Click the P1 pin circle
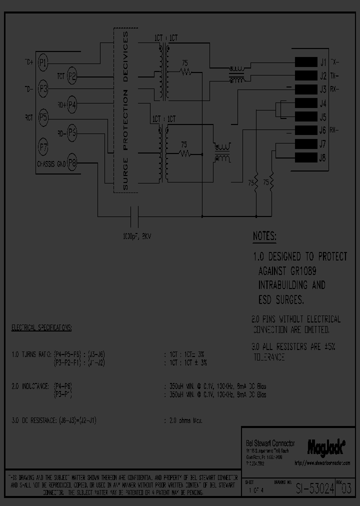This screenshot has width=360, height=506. (x=43, y=62)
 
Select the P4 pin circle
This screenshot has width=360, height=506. (x=72, y=104)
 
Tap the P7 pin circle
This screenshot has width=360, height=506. (x=43, y=147)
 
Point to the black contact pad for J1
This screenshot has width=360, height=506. (x=304, y=62)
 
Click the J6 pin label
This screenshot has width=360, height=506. (x=322, y=130)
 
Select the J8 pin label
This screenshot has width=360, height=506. (x=322, y=158)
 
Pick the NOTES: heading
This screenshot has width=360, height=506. (x=264, y=236)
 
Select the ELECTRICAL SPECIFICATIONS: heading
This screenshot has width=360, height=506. (x=41, y=328)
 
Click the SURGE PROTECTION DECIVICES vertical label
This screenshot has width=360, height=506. (x=125, y=111)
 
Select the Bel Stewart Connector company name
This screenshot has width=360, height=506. (x=270, y=443)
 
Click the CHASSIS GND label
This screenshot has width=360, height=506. (x=51, y=163)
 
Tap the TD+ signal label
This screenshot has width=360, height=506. (x=29, y=62)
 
